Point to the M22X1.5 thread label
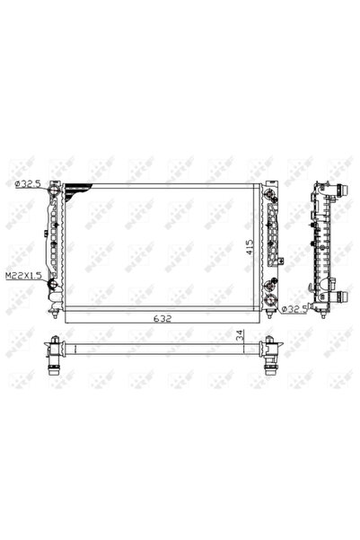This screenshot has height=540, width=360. pos(23,277)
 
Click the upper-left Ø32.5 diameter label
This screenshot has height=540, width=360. pos(28,183)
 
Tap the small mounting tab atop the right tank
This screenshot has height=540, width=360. pos(266,178)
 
